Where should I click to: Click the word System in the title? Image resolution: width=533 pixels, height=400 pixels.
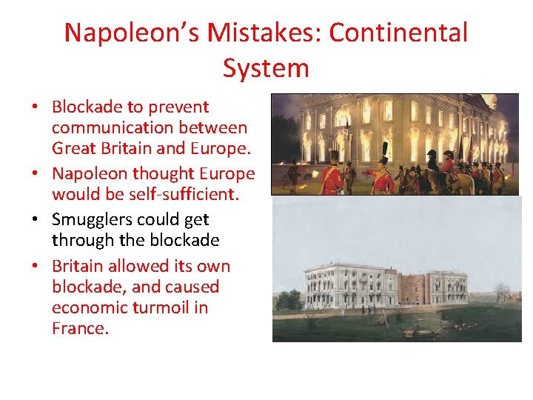pyautogui.click(x=266, y=68)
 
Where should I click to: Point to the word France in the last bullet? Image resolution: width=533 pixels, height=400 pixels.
pyautogui.click(x=80, y=328)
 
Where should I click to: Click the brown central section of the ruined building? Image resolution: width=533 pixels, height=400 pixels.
pyautogui.click(x=410, y=284)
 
